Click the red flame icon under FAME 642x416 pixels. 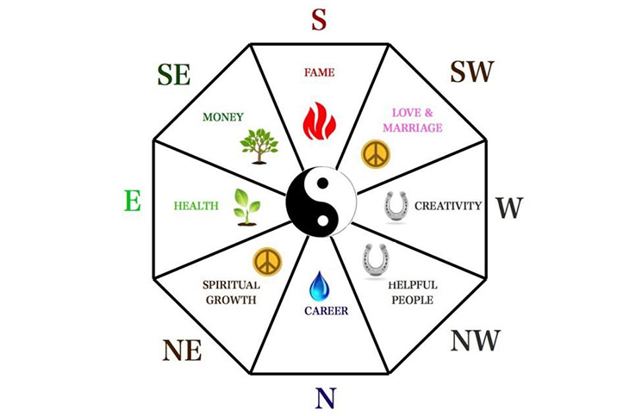coord(320,121)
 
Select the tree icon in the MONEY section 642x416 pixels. coord(259,146)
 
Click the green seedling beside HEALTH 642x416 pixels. coord(247,208)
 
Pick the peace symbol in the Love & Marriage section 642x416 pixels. coord(376,154)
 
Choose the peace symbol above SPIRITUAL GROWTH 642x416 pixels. coord(267,261)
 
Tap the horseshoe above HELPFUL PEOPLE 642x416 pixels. coord(376,260)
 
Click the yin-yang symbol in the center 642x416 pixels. coord(321,202)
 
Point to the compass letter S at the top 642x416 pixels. coord(319,20)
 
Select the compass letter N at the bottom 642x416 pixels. coord(326,398)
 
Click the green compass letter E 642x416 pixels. coord(132,201)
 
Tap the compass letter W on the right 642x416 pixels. coord(510,208)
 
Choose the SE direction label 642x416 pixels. coord(174,74)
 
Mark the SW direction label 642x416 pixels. coord(472,71)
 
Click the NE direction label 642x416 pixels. coord(182,351)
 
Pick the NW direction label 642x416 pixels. coord(476,340)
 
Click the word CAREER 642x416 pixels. coord(327,311)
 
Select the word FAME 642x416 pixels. coord(320,72)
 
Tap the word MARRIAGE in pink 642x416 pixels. coord(413,127)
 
